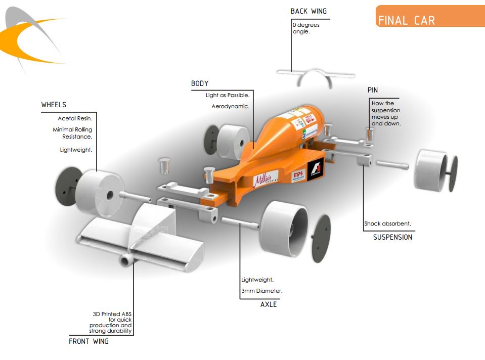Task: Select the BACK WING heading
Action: pos(308,11)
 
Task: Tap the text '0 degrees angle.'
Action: pos(305,28)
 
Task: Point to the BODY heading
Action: pos(200,83)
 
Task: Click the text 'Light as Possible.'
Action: pos(228,95)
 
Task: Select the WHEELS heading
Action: pos(54,105)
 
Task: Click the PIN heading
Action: pos(373,90)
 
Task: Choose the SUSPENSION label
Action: pos(392,237)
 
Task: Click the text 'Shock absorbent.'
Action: pos(388,224)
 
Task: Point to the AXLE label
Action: pos(269,304)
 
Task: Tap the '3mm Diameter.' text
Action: pos(261,291)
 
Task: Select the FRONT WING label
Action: pos(89,341)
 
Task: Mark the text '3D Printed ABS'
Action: pos(113,314)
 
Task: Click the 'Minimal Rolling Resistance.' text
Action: pos(72,133)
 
